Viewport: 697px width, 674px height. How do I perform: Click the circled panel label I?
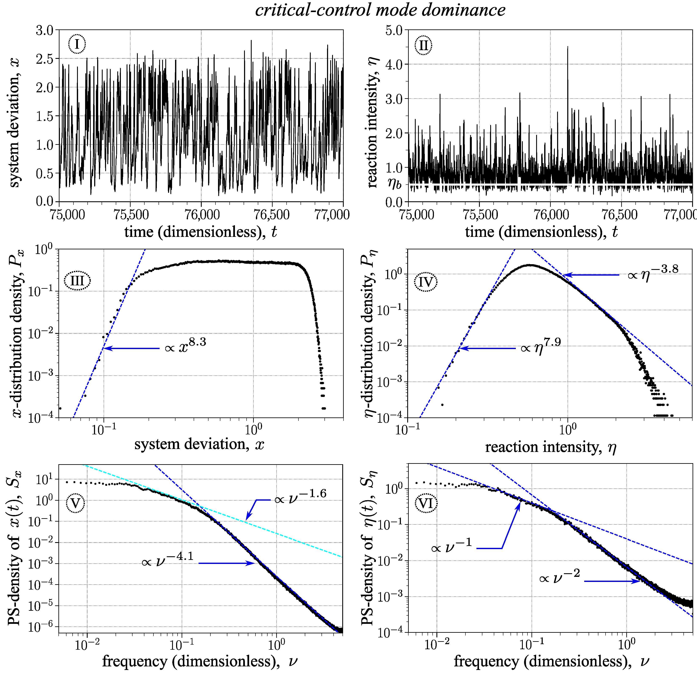tap(77, 44)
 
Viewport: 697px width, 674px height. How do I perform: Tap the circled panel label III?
tap(77, 281)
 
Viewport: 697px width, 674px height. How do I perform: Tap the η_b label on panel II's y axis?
tap(394, 184)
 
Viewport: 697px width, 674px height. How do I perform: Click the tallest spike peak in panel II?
tap(567, 47)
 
